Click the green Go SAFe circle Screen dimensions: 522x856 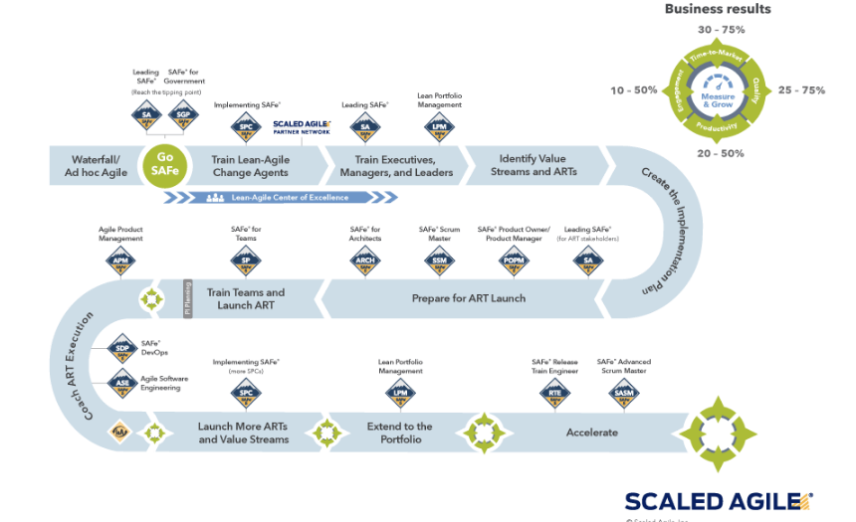[166, 165]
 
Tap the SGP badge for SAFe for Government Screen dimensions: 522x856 [183, 115]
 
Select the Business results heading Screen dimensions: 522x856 [718, 9]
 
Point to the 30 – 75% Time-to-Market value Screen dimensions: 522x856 [720, 30]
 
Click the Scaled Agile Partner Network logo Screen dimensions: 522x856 [302, 126]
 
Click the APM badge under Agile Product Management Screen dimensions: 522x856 [120, 261]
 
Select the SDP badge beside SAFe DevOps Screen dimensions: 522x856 [121, 348]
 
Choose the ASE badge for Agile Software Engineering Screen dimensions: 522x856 [121, 382]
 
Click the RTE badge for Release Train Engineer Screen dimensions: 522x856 [555, 394]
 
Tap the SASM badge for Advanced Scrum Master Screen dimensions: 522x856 [624, 394]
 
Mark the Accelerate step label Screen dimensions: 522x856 [592, 433]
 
